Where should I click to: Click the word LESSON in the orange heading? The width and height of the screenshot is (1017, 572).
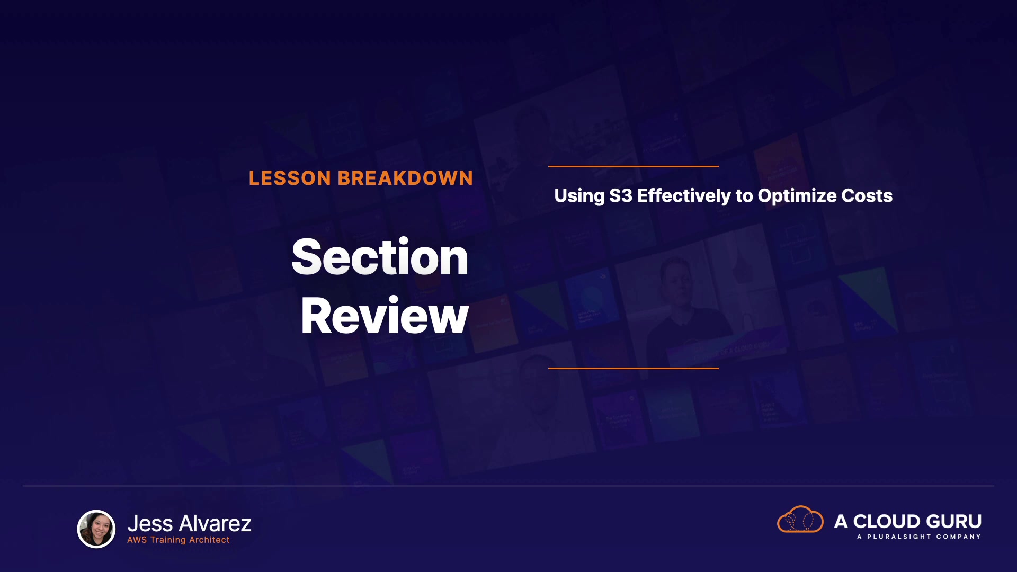pos(290,178)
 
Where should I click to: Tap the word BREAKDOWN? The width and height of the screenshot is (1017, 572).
pos(405,178)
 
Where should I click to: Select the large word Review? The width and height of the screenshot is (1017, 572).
pos(385,316)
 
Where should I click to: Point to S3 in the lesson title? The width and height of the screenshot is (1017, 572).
pos(620,196)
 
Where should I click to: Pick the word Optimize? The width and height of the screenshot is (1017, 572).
pos(797,196)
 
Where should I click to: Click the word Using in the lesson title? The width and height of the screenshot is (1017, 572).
pos(579,196)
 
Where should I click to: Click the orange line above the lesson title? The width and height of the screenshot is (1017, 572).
pos(634,166)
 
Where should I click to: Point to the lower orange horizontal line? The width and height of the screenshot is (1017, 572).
pos(634,368)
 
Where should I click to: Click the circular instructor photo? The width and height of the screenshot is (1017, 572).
pos(96,529)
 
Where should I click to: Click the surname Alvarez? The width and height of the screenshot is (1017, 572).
pos(215,524)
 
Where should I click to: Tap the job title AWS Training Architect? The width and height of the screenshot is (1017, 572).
pos(179,540)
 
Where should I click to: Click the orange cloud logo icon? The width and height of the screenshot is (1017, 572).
pos(800,519)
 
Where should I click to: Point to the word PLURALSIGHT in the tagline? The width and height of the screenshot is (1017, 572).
pos(899,537)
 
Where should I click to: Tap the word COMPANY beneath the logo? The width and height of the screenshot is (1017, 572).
pos(959,537)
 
